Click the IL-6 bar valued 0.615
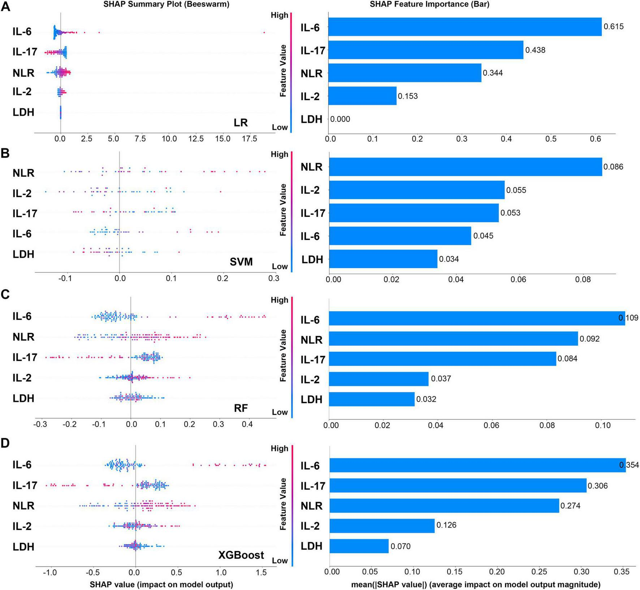pyautogui.click(x=465, y=27)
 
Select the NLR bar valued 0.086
pyautogui.click(x=466, y=167)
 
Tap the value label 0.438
pyautogui.click(x=535, y=50)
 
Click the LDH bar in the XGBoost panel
pyautogui.click(x=359, y=546)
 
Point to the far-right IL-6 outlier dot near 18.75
pyautogui.click(x=264, y=33)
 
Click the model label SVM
pyautogui.click(x=241, y=261)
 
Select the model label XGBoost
pyautogui.click(x=241, y=555)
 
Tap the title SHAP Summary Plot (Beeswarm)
pyautogui.click(x=166, y=4)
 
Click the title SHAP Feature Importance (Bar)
pyautogui.click(x=429, y=4)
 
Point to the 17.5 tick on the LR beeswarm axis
pyautogui.click(x=249, y=139)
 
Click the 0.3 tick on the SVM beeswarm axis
pyautogui.click(x=274, y=278)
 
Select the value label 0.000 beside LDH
pyautogui.click(x=340, y=119)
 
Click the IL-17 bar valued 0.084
pyautogui.click(x=442, y=359)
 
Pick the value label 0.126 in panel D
pyautogui.click(x=446, y=525)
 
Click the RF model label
pyautogui.click(x=241, y=408)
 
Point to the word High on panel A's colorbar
pyautogui.click(x=279, y=15)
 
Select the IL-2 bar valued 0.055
pyautogui.click(x=417, y=190)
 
